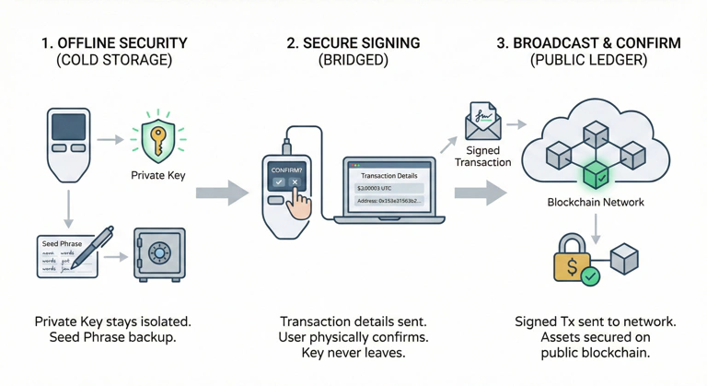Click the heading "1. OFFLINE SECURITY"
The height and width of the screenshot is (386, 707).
[114, 42]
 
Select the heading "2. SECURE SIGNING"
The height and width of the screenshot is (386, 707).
[353, 42]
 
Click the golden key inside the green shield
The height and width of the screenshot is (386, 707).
[158, 139]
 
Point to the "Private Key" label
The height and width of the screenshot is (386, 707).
[158, 175]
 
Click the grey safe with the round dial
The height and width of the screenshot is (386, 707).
[159, 253]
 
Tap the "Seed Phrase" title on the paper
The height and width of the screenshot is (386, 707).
[62, 244]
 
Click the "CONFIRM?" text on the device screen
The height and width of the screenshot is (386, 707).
[286, 170]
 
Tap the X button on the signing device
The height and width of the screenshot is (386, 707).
[295, 182]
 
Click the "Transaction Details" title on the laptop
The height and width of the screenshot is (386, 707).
[388, 175]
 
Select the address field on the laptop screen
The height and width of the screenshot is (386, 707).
[388, 200]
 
